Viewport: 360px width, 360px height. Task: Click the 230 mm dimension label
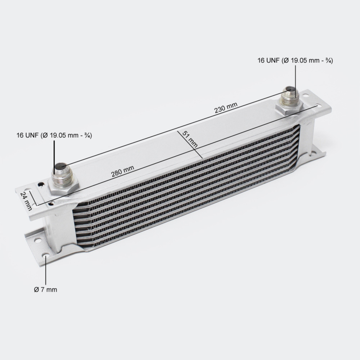(226, 108)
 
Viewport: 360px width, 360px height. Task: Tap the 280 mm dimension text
(122, 171)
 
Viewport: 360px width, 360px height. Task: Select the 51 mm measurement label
(190, 139)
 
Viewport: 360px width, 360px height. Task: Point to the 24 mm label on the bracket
(26, 201)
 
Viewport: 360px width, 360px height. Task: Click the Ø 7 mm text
(45, 289)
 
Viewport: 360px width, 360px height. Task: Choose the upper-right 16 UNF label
(295, 60)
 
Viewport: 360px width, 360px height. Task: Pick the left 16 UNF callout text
(54, 135)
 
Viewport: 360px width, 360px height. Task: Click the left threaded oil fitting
(62, 174)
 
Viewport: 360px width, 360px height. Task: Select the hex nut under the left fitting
(63, 186)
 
